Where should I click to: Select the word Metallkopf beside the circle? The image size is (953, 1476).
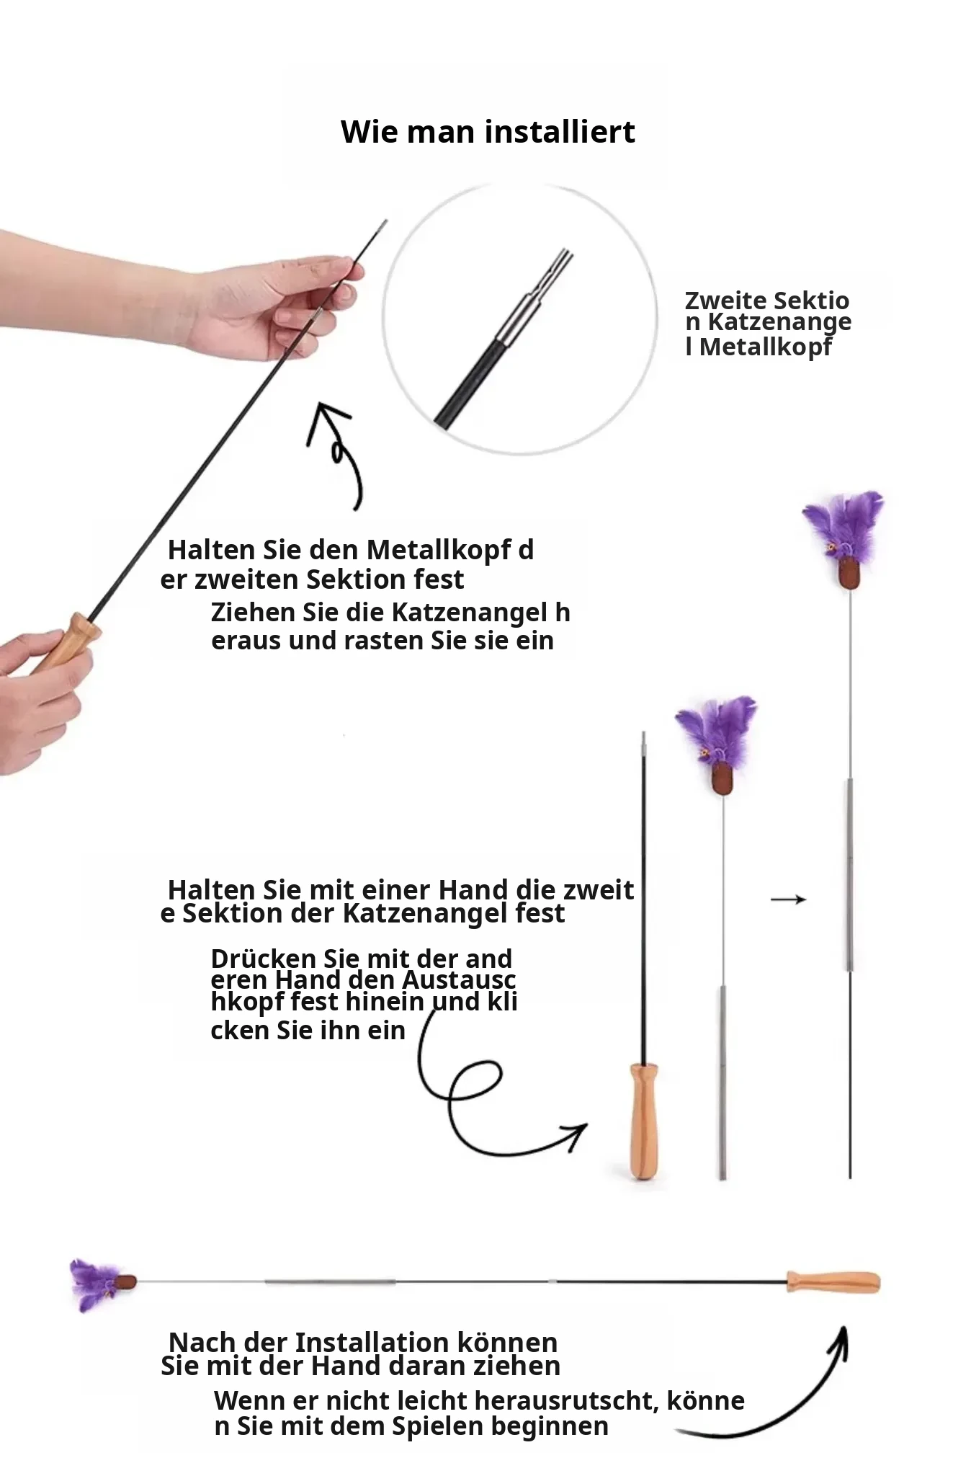pyautogui.click(x=766, y=347)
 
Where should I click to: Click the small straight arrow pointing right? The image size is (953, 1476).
pyautogui.click(x=788, y=899)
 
